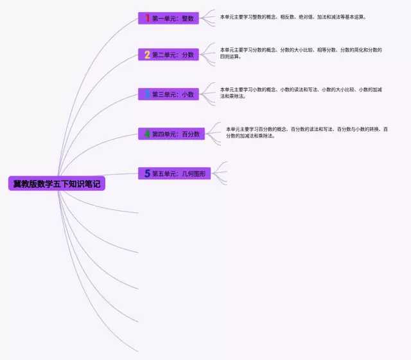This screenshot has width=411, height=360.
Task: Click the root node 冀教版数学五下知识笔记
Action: (x=58, y=184)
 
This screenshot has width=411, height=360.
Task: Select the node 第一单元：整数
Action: (x=168, y=19)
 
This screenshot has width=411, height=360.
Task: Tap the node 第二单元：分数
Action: (x=168, y=55)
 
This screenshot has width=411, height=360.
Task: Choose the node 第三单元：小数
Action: (x=168, y=94)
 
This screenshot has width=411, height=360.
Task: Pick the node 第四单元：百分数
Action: (x=171, y=134)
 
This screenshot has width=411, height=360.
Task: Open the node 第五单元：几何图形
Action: (x=174, y=174)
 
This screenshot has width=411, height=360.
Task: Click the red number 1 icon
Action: (x=147, y=19)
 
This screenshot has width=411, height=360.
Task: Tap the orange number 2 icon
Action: (x=147, y=55)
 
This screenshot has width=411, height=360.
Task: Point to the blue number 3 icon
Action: (x=147, y=94)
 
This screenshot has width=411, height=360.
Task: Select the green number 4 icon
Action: (x=147, y=134)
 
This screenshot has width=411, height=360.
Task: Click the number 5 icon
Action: (x=147, y=174)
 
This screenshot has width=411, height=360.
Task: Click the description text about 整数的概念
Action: (x=293, y=17)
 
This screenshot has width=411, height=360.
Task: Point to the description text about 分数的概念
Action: (x=301, y=53)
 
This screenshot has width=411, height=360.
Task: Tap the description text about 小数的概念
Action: (x=301, y=93)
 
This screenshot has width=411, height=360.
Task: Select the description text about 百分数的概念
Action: (x=306, y=132)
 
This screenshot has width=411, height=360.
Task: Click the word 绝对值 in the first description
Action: (x=304, y=17)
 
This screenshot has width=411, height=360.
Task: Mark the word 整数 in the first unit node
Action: (x=188, y=19)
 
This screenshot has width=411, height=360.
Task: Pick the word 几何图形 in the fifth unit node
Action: (x=193, y=174)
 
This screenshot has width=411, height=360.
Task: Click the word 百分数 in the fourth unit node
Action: (x=191, y=134)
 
